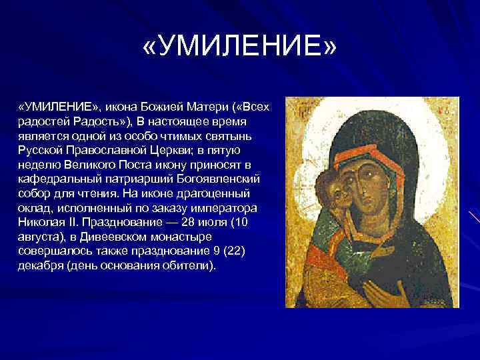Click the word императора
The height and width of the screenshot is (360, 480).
231,208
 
